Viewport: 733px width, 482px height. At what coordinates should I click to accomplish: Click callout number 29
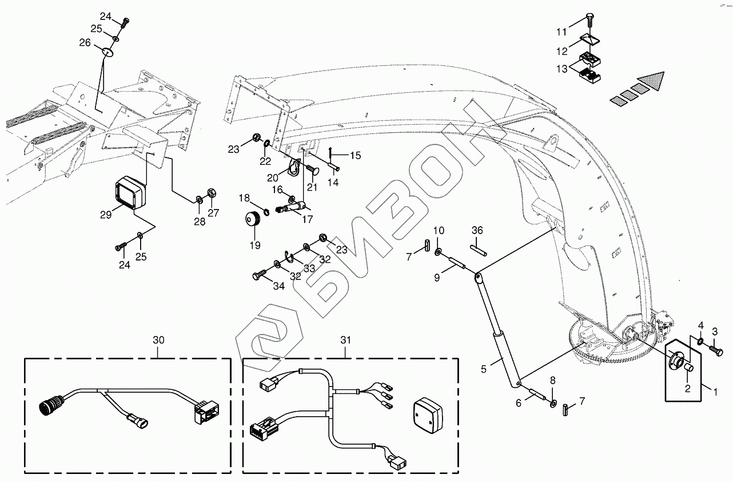click(x=105, y=215)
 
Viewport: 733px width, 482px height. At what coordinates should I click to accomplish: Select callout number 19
click(x=254, y=245)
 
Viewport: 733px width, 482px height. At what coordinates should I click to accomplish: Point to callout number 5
click(x=484, y=369)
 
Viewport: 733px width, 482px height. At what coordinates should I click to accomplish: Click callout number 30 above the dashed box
click(x=158, y=340)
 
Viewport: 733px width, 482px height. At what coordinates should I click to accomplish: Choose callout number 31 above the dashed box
click(x=345, y=340)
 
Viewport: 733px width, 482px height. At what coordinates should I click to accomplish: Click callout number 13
click(x=562, y=69)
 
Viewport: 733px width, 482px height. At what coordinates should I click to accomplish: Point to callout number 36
click(x=477, y=230)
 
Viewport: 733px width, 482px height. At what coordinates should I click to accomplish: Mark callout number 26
click(x=85, y=42)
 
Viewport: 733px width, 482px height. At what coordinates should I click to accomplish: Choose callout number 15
click(x=355, y=155)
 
